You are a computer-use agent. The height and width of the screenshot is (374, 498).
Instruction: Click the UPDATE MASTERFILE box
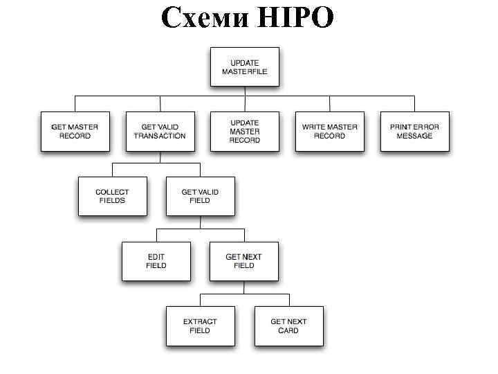point(244,66)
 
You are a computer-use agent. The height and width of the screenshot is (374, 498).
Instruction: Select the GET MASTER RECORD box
point(75,131)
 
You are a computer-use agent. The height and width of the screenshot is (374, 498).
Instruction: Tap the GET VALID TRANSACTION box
point(160,131)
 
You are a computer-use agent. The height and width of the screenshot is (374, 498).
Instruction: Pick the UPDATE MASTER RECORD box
point(245,131)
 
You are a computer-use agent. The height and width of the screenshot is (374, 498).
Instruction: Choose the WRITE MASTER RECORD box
point(329,131)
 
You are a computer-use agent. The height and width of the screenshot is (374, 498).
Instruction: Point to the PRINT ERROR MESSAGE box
point(414,131)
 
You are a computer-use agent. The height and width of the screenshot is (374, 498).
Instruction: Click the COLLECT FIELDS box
point(112,196)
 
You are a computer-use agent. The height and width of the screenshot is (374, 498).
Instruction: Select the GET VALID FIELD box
point(200,196)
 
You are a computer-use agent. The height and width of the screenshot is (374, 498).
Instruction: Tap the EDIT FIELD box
point(156,261)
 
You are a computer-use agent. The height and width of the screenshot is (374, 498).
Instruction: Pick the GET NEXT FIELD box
point(244,261)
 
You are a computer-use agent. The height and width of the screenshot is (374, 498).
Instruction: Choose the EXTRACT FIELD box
point(200,326)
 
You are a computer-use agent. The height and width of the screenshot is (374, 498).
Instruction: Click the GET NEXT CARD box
point(288,326)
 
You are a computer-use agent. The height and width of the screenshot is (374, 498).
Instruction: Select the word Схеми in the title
point(203,18)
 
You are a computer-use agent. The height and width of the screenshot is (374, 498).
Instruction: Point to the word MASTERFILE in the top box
point(244,71)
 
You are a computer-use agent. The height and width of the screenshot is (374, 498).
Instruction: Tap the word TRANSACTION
point(160,136)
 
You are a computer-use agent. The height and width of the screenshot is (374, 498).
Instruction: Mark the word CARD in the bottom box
point(288,331)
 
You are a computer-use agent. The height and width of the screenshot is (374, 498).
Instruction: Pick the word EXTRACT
point(200,321)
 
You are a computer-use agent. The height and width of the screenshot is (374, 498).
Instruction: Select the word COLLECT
point(112,191)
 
